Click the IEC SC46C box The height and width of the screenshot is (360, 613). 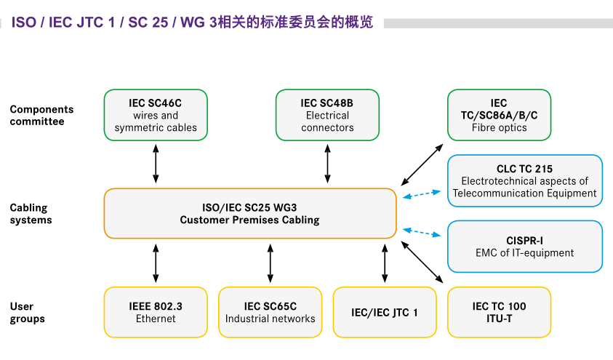tap(156, 115)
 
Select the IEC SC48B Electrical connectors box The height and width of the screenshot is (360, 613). tap(327, 115)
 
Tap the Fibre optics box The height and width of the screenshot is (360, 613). tap(499, 115)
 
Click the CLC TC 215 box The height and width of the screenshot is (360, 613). tap(524, 180)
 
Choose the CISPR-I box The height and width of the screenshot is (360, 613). tap(524, 247)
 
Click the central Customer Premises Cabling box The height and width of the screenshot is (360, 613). tap(250, 214)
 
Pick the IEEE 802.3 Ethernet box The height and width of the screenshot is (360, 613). tap(156, 312)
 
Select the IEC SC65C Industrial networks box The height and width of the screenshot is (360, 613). tap(271, 312)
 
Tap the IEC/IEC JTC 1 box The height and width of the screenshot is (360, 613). tap(385, 312)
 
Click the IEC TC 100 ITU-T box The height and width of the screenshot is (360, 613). tap(499, 312)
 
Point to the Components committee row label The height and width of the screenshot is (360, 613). tap(41, 115)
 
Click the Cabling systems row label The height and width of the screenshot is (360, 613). tap(31, 214)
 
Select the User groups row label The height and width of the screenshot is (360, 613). tap(28, 312)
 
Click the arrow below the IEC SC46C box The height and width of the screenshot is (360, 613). tap(156, 164)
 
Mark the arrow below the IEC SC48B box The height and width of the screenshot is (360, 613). tap(327, 164)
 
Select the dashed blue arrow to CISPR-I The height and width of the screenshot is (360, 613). tap(422, 232)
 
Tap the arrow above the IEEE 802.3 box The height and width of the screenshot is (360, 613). tap(156, 263)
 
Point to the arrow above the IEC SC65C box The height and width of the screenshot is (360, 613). tap(271, 263)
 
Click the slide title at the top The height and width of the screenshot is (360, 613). tap(192, 23)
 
